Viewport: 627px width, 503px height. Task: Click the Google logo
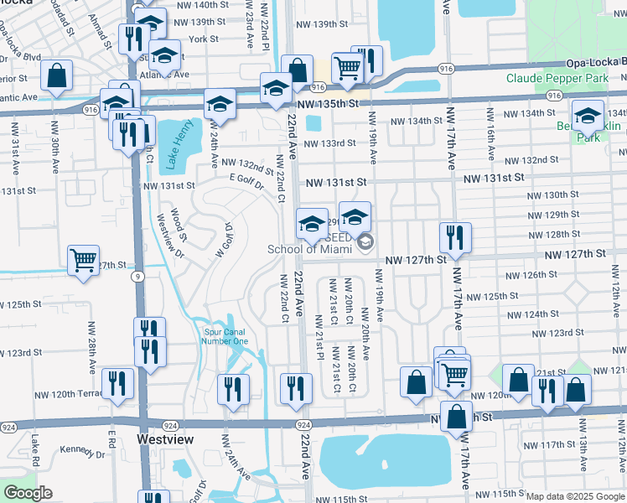tap(28, 493)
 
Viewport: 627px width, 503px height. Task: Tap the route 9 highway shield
tap(135, 275)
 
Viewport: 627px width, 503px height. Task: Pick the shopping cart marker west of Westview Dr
tap(84, 262)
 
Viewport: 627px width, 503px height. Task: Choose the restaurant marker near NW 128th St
tap(455, 236)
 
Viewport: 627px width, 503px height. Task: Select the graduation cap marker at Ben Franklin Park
tap(588, 116)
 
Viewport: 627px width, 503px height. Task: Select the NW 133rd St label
tap(330, 143)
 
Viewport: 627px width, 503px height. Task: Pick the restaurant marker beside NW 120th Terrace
tap(117, 383)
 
